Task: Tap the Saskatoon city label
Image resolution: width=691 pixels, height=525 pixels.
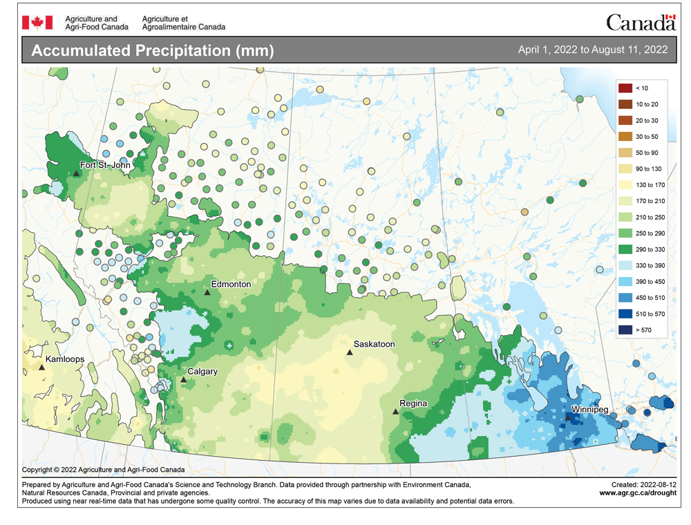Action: pos(374,343)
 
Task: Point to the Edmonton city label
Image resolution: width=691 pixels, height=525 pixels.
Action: pos(231,284)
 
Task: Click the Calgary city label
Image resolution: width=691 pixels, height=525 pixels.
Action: pos(202,372)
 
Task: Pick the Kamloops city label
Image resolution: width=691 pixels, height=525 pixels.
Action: pos(66,360)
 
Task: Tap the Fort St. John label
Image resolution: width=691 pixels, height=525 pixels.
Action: pos(104,165)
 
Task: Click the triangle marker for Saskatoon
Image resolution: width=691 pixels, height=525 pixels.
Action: pos(350,352)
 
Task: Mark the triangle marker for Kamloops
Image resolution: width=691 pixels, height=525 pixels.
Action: pos(42,367)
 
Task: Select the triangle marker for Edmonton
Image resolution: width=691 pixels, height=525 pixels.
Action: pos(207,293)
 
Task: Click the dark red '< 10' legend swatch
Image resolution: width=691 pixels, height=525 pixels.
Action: pos(625,88)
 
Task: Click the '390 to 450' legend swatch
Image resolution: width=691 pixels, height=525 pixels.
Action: pos(625,281)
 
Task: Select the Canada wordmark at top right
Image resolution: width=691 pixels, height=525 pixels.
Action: pos(641,23)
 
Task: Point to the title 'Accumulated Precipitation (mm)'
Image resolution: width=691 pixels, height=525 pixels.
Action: pos(153,51)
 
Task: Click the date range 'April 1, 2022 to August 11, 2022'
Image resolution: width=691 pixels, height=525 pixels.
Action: pos(592,50)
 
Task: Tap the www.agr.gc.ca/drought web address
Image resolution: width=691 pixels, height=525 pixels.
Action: pos(637,493)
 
